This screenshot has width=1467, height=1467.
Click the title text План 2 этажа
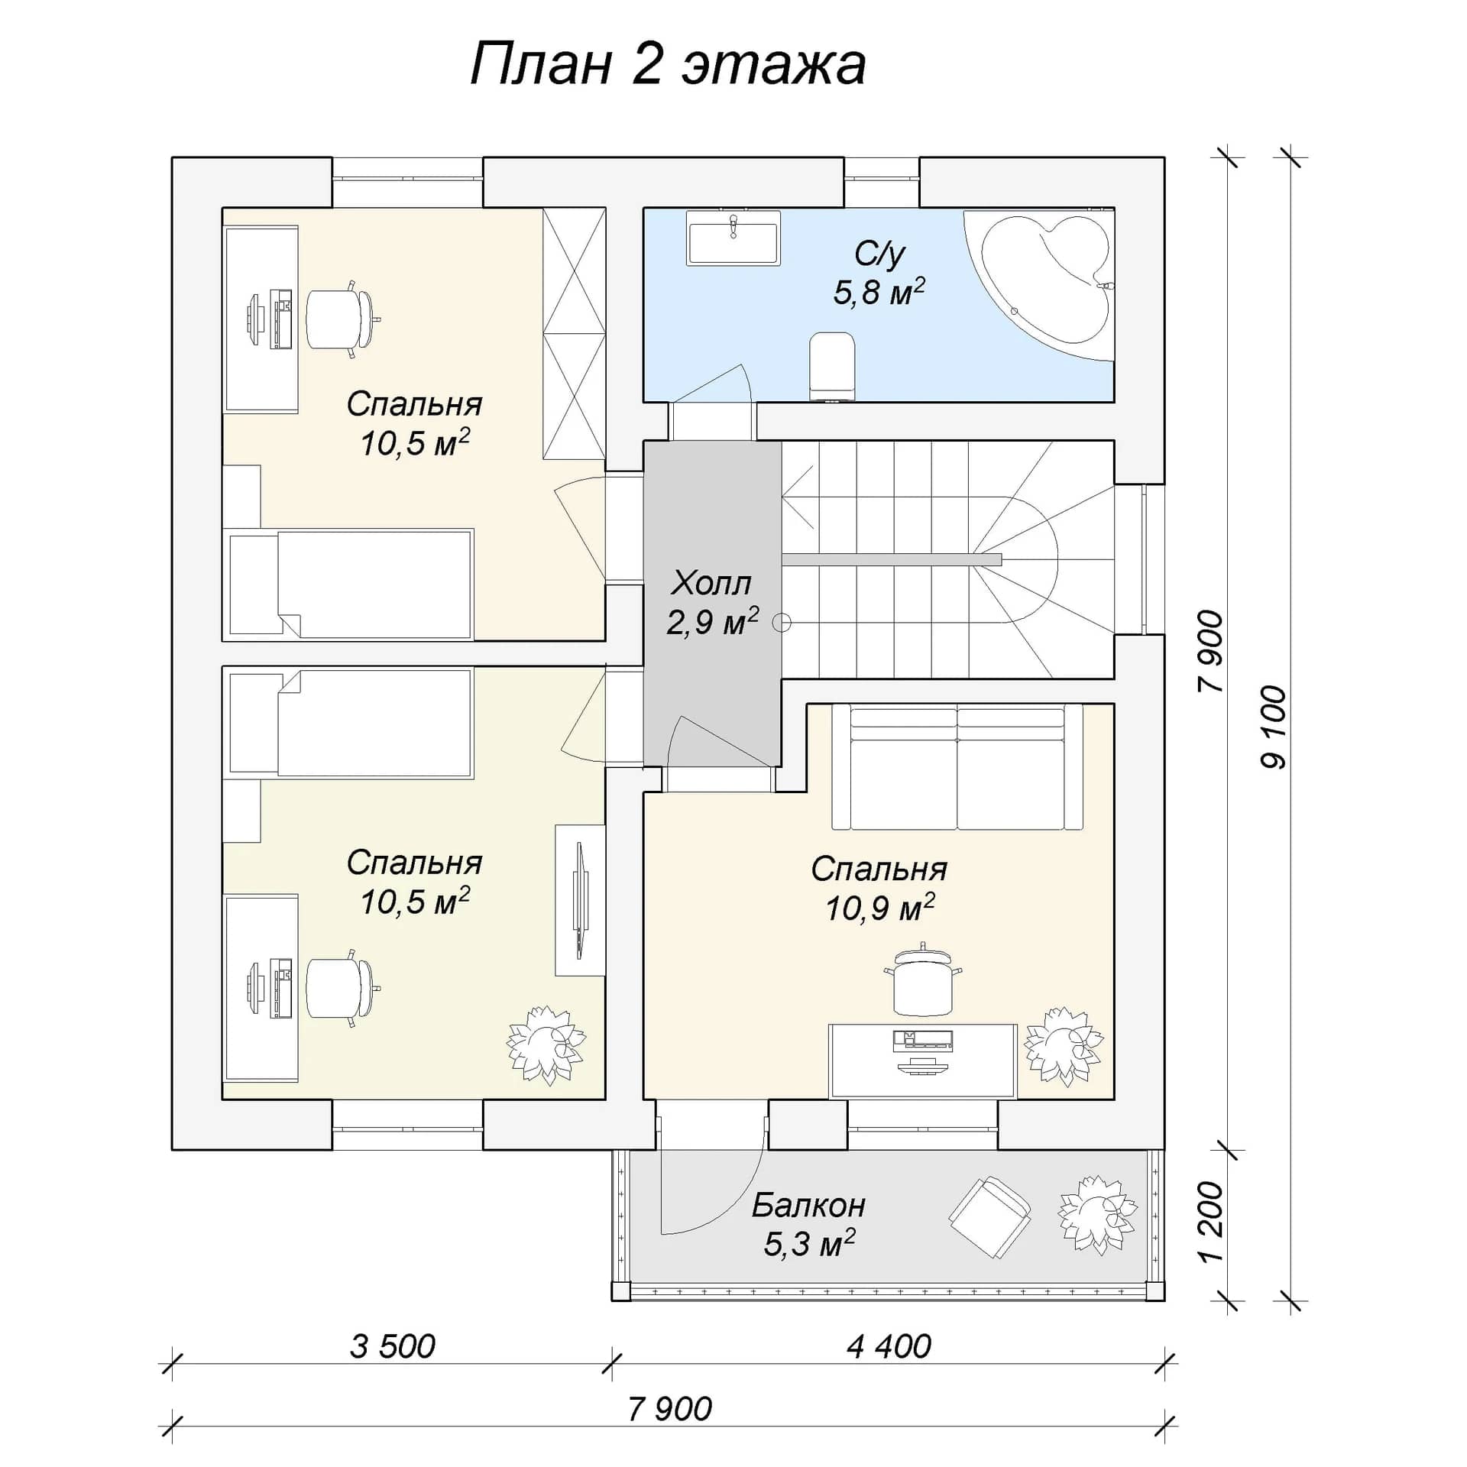tap(668, 64)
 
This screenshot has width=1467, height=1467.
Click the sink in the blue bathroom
tap(733, 238)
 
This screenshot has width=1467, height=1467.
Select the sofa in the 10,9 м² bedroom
tap(957, 766)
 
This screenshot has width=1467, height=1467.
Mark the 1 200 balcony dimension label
tap(1212, 1222)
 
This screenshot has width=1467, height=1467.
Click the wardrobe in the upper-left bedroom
tap(574, 333)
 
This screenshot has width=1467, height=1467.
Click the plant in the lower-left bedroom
tap(546, 1045)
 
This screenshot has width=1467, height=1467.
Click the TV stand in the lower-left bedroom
tap(579, 900)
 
